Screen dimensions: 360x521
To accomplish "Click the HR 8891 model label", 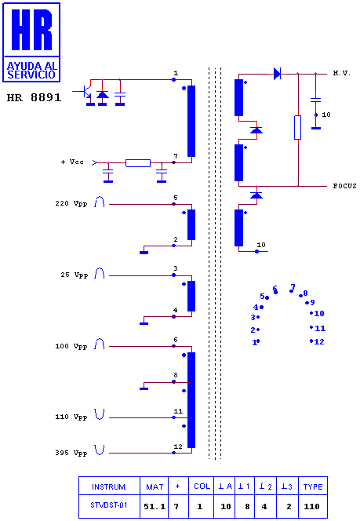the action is click(34, 97).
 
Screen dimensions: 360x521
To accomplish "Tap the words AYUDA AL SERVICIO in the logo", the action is click(31, 70).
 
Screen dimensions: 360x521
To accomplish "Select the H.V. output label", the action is click(342, 73).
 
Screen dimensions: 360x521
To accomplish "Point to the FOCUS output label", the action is click(345, 186).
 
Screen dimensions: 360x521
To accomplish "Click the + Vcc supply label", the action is click(72, 162).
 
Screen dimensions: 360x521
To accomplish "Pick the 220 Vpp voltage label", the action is click(71, 203).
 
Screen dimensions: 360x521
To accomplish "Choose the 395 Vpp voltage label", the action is click(71, 453).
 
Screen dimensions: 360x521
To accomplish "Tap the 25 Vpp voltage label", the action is click(74, 275).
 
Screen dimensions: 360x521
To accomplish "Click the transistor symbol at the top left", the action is click(86, 92).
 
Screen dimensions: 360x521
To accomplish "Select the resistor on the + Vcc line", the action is click(138, 163).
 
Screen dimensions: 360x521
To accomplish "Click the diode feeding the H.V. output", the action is click(277, 74).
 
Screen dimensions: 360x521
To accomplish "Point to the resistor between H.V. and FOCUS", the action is click(297, 127).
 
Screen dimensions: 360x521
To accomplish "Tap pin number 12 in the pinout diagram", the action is click(317, 341).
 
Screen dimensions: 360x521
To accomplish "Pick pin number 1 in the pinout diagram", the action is click(256, 342).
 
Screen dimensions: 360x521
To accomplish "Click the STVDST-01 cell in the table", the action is click(109, 505).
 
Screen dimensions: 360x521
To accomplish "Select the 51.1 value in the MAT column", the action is click(155, 506).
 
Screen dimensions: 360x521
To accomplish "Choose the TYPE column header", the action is click(313, 486).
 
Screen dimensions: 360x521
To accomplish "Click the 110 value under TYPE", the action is click(312, 506).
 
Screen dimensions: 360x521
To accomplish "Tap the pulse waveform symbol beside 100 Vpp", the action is click(100, 344).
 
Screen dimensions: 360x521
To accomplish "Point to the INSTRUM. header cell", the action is click(109, 487).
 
